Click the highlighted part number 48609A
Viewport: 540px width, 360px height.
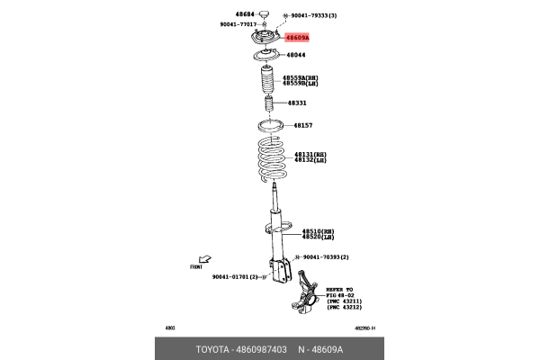[297, 38]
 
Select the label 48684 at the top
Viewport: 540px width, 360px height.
[245, 15]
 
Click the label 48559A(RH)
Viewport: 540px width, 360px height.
[301, 78]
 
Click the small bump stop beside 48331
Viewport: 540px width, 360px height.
[268, 106]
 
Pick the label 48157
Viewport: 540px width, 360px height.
[301, 125]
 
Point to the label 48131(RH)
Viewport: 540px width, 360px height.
[310, 154]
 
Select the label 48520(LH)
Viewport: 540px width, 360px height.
[318, 237]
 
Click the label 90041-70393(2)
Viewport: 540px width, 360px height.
[326, 257]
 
